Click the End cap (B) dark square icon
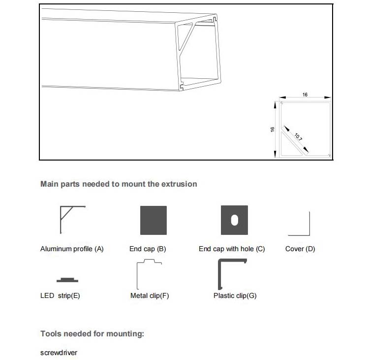point(154,220)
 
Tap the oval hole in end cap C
point(234,220)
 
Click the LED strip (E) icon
point(67,280)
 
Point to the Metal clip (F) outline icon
point(149,275)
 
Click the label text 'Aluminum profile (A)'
point(72,249)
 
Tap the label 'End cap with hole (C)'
point(232,249)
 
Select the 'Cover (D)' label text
point(300,249)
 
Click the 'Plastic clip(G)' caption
point(235,296)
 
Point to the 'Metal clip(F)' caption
point(150,296)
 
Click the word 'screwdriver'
point(59,353)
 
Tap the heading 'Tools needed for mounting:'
point(92,334)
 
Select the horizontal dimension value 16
point(305,95)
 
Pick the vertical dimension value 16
point(272,129)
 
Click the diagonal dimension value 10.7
point(299,135)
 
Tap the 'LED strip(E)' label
point(60,296)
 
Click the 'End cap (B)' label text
point(148,249)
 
